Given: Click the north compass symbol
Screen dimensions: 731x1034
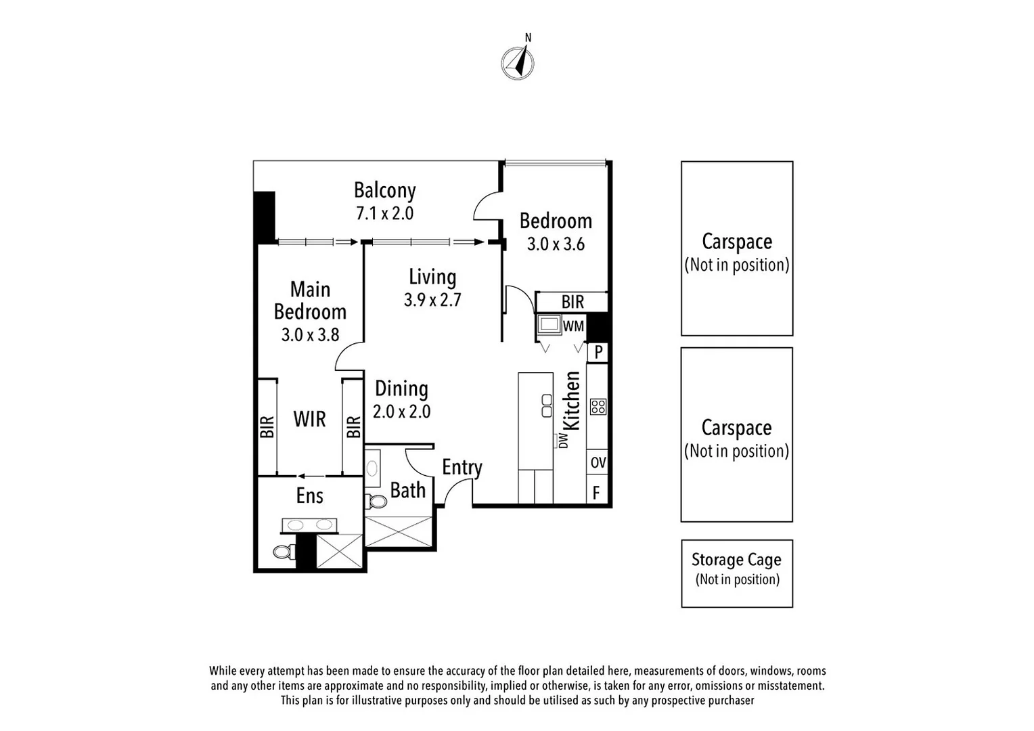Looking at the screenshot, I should tap(518, 63).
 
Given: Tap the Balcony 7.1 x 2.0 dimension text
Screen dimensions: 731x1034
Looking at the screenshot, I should tap(384, 214).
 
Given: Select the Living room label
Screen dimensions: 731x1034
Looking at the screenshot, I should tap(432, 277).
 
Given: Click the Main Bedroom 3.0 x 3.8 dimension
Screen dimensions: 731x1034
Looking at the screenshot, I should tap(310, 334).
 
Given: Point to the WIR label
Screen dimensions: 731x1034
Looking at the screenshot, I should tap(309, 419).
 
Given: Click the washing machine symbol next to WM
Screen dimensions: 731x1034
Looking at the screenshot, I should tap(549, 325).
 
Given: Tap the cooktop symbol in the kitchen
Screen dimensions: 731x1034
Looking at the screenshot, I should tap(598, 406).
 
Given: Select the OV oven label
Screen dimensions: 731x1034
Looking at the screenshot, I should tap(598, 463).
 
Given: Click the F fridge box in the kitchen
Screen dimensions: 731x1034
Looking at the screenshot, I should tap(596, 492).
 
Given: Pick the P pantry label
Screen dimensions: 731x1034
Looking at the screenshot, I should tap(598, 353).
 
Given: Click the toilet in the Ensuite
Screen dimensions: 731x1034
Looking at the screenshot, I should tap(284, 551).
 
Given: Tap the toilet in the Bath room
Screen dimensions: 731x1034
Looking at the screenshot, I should tap(376, 502).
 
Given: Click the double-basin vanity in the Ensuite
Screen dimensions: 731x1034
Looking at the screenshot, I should tap(308, 525).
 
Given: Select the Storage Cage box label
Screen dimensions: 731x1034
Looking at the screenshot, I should tap(736, 560).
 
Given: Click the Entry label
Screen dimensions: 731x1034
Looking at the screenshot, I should tap(462, 468).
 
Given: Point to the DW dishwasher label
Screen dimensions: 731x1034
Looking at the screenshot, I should tap(563, 441).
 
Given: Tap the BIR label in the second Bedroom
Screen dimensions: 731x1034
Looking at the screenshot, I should tap(572, 302).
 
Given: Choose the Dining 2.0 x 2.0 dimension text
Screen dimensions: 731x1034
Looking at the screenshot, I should tap(401, 412).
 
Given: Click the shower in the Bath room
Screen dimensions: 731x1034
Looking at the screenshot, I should tap(397, 531).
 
